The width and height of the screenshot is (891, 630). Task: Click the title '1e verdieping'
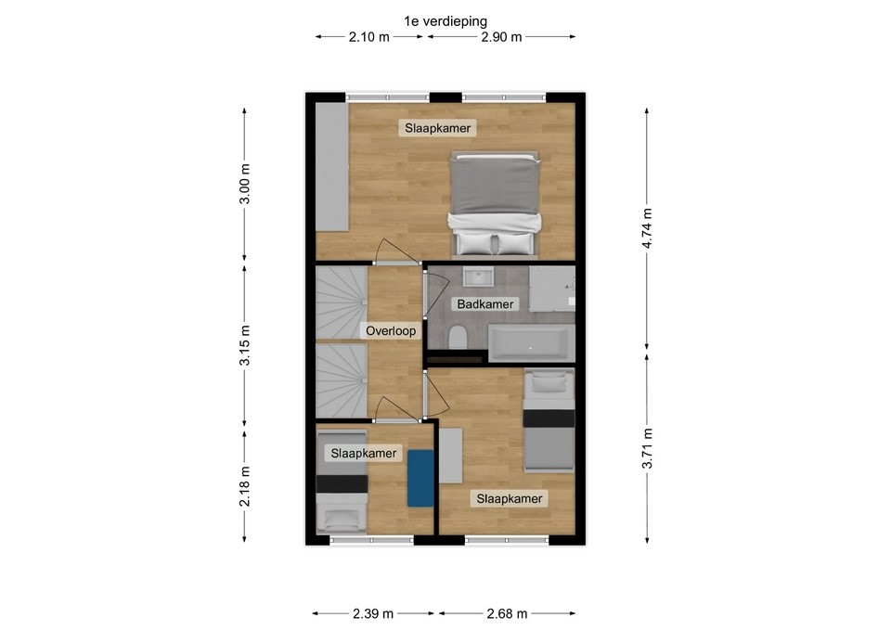tap(445, 21)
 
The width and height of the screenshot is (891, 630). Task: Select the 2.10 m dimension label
tap(369, 37)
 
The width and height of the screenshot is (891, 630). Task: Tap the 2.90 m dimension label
tap(501, 37)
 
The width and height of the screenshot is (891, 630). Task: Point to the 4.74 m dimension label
tap(647, 228)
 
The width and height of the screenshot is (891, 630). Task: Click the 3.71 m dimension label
tap(647, 449)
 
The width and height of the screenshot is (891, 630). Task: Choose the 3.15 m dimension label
tap(244, 346)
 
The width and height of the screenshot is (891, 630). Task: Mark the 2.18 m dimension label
tap(244, 485)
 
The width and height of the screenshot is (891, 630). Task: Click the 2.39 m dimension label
tap(373, 613)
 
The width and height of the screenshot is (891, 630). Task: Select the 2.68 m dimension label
tap(507, 613)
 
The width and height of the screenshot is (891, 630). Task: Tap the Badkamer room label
tap(485, 304)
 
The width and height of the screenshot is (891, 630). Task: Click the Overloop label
tap(391, 330)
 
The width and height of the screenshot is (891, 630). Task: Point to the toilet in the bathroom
tap(458, 338)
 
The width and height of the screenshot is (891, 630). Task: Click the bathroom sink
tap(478, 276)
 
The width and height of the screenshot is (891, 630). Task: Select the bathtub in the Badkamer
tap(532, 343)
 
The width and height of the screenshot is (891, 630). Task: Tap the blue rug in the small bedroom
tap(420, 479)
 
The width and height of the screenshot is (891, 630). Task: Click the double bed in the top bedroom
tap(495, 203)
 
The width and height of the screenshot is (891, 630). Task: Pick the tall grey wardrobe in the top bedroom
tap(332, 167)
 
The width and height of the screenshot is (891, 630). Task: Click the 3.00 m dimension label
tap(244, 184)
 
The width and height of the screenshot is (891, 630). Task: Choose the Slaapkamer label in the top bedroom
tap(437, 128)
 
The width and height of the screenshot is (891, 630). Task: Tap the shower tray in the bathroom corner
tap(552, 289)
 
